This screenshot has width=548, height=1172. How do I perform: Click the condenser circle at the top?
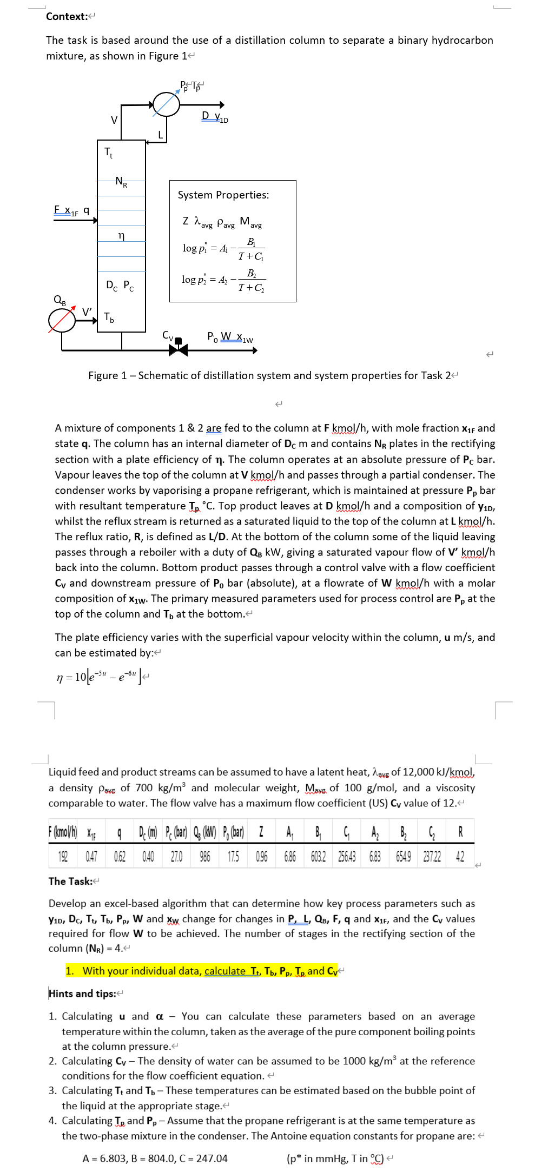tap(166, 104)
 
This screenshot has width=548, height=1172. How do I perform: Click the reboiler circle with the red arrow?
tap(62, 320)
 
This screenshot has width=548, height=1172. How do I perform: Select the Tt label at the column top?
tap(109, 153)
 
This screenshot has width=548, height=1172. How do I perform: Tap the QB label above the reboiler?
tap(60, 300)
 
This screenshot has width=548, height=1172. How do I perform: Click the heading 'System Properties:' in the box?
tap(223, 195)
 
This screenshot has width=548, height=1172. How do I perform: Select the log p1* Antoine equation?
tap(223, 249)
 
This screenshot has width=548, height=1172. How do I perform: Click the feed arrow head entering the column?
tap(95, 220)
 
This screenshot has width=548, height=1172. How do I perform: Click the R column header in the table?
tap(460, 831)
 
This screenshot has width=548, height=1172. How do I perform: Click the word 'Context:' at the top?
tap(67, 16)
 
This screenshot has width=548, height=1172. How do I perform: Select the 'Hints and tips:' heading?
tap(83, 994)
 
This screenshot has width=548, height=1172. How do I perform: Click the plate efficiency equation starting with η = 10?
tap(100, 677)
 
